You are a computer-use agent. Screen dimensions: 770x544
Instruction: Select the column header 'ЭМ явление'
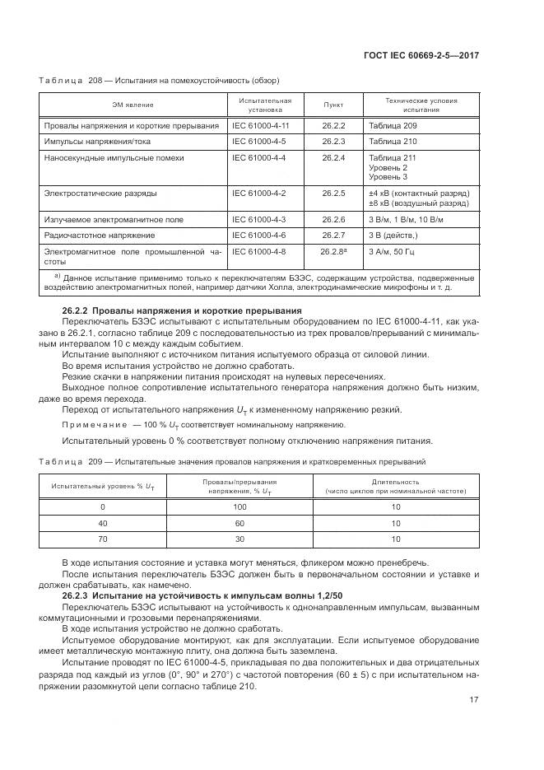(133, 105)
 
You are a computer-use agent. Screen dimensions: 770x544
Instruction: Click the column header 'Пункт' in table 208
(333, 105)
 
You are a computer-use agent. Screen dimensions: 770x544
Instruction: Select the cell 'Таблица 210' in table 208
(393, 141)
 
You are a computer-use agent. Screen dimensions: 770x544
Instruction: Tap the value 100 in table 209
(240, 507)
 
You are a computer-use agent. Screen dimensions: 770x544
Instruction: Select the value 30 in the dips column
(240, 539)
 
